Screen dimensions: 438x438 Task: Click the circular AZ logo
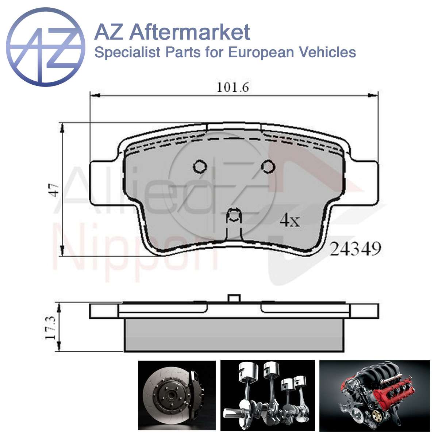(x=46, y=47)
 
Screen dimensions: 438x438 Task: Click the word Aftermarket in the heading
(x=190, y=32)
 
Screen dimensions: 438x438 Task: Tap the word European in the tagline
(x=261, y=53)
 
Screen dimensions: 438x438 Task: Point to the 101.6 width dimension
(x=233, y=87)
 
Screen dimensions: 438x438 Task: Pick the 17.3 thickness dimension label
(x=50, y=327)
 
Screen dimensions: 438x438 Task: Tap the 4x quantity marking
(x=290, y=220)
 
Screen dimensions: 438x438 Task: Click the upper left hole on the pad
(x=200, y=166)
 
